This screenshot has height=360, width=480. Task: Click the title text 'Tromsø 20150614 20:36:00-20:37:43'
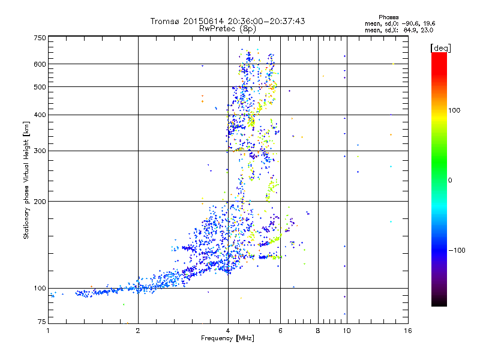tap(227, 21)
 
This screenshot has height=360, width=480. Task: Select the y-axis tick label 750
tap(40, 38)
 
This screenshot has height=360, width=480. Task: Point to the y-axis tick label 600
tap(40, 64)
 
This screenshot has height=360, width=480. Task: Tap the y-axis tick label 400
tap(40, 115)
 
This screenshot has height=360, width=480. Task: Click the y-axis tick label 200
tap(40, 201)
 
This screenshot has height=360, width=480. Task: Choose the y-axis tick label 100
tap(40, 288)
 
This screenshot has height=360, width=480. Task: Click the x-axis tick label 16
tap(407, 331)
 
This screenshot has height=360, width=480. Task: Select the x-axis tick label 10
tap(346, 331)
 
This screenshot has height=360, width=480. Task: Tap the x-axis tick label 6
tap(280, 331)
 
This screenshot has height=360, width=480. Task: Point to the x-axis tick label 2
tap(138, 331)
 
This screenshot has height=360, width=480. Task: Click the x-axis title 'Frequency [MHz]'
tap(227, 339)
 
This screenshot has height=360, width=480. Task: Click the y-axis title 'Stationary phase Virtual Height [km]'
tap(26, 180)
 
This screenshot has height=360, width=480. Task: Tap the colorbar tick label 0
tap(450, 180)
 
